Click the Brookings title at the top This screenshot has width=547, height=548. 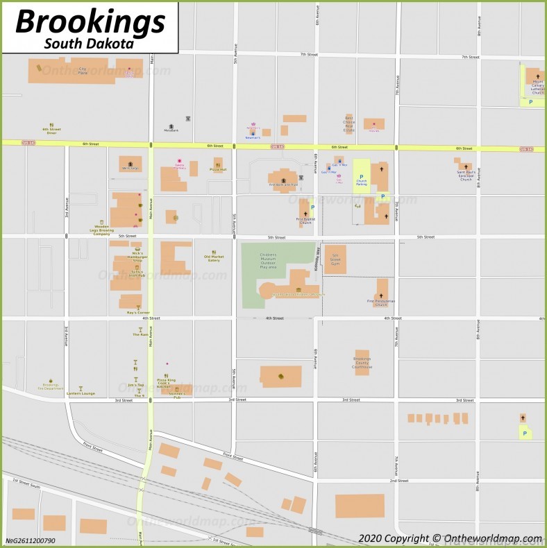[x=90, y=21]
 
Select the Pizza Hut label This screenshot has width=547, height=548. [x=218, y=169]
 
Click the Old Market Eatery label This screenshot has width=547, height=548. [x=213, y=259]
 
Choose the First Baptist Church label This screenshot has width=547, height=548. [x=305, y=221]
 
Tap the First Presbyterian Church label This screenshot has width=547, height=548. [x=381, y=302]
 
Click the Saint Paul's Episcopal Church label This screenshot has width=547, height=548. [x=466, y=175]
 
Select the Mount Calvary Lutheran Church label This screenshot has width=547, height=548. [x=537, y=86]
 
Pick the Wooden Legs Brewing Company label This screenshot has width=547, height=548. [x=101, y=230]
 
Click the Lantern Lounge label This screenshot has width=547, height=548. [x=81, y=393]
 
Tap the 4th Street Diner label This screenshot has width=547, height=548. [x=51, y=130]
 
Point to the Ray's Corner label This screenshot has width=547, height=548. [x=138, y=312]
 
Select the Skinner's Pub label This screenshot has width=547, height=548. [x=176, y=396]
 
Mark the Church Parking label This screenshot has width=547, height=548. [x=361, y=182]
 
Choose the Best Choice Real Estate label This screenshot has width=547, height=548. [x=348, y=126]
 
